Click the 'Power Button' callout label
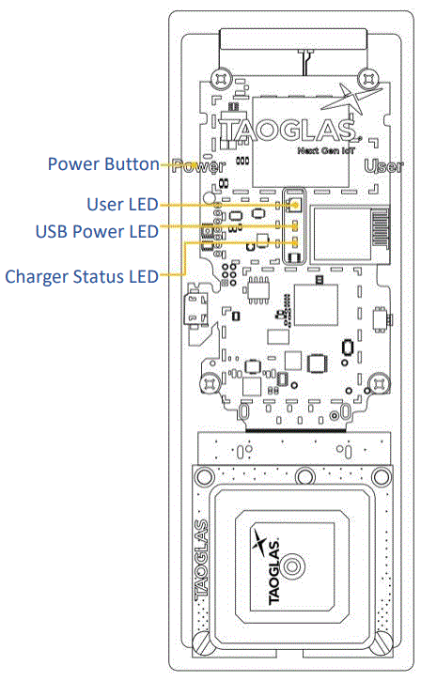coord(103,164)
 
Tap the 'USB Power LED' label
coord(96,230)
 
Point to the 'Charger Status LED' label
coord(81,276)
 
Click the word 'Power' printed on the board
coord(200,168)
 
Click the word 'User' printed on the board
coord(384,168)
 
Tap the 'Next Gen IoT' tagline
coord(324,149)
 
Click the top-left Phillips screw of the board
coord(223,78)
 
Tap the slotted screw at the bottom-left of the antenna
coord(206,642)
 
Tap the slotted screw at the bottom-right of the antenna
coord(384,642)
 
